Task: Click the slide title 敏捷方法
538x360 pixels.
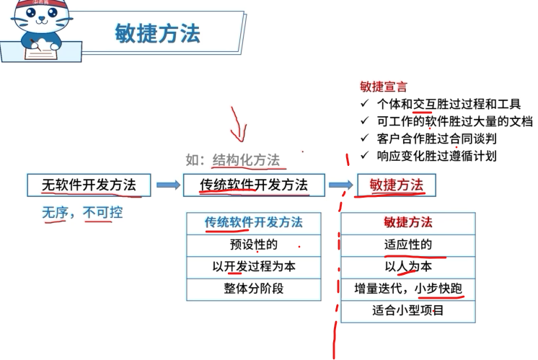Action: coord(157,33)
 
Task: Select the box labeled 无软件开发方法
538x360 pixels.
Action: coord(89,185)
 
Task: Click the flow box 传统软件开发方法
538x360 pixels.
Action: coord(254,185)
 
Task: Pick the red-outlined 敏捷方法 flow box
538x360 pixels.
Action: coord(396,185)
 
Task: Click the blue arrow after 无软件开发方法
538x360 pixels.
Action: coord(168,185)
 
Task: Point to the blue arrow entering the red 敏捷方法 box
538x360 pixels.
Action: coord(340,185)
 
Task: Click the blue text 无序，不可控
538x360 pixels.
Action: coord(81,213)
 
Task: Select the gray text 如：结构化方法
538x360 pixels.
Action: coord(232,159)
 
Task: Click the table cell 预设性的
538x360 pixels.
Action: coord(253,245)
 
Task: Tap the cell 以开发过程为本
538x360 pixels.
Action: coord(253,266)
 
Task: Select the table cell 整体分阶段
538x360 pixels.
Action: coord(253,289)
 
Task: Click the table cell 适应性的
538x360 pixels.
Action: coord(407,245)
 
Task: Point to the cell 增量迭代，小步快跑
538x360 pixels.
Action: coord(407,289)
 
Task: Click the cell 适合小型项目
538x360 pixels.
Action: coord(407,311)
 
